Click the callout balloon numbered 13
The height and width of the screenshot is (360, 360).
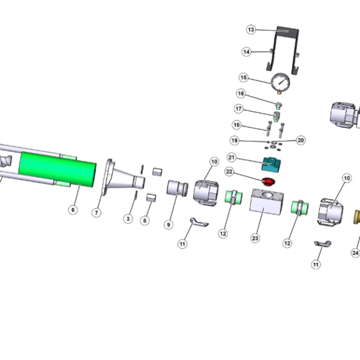251,29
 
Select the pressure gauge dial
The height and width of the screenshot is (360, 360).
280,82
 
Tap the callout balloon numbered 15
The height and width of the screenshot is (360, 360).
244,77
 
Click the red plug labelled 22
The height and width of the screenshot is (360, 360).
268,181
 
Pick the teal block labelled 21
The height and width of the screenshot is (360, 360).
271,164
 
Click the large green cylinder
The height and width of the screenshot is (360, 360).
58,169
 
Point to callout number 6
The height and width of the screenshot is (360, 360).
73,209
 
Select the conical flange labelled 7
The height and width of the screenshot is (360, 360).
123,177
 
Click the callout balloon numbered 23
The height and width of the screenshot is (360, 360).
256,238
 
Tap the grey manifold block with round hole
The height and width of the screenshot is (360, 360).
266,202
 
